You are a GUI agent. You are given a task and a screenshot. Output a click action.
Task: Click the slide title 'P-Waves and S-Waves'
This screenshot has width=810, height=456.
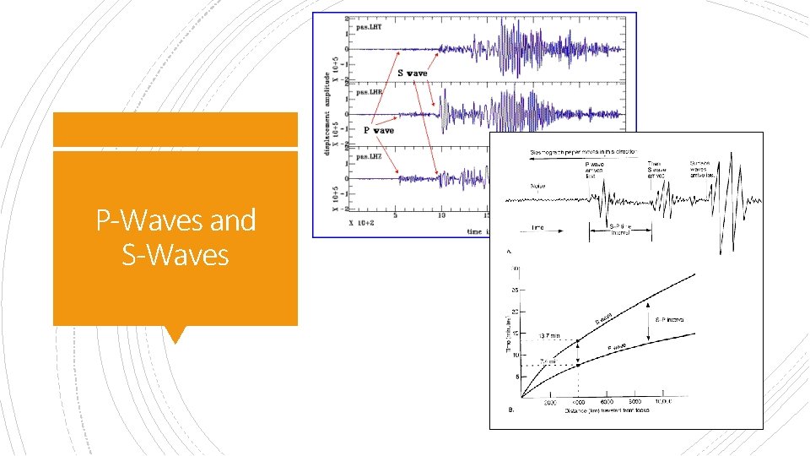click(175, 236)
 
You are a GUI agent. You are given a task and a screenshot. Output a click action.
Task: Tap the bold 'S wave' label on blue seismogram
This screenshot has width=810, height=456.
click(413, 73)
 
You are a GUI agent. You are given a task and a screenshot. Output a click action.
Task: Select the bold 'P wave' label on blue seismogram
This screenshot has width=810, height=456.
click(379, 131)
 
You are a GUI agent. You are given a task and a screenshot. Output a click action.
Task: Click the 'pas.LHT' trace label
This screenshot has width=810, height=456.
click(369, 28)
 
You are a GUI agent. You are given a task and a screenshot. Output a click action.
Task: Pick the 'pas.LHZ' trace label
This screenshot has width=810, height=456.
click(369, 155)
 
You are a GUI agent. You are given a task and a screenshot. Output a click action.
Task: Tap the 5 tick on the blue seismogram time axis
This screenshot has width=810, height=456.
click(395, 217)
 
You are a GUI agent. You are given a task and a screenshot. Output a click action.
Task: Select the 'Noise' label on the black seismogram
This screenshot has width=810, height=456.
click(538, 186)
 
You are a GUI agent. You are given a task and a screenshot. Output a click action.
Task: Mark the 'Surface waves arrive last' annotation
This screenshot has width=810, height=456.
click(705, 169)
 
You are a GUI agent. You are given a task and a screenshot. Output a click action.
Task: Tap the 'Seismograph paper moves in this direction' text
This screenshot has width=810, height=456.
click(589, 151)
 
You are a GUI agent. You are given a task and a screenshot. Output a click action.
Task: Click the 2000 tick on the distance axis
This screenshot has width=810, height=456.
click(550, 402)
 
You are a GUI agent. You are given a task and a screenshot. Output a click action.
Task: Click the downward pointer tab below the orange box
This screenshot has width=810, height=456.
click(175, 334)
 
